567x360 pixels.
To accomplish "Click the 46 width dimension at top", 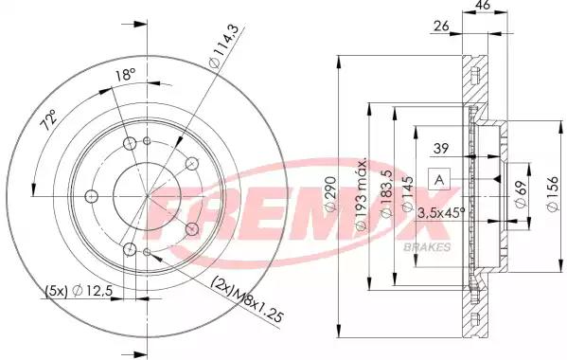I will (x=481, y=7).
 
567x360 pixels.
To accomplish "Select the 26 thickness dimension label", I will (x=441, y=27).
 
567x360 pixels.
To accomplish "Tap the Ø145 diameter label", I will (x=409, y=191).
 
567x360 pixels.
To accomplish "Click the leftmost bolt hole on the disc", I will (x=91, y=197).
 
